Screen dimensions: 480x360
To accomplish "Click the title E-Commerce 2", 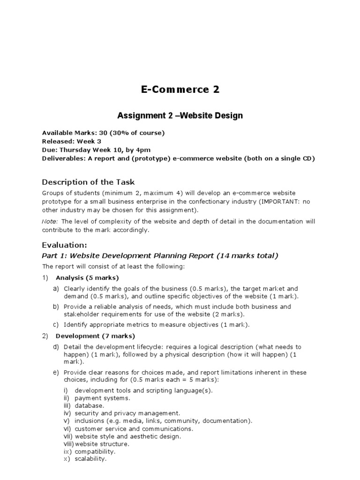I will tap(180, 90).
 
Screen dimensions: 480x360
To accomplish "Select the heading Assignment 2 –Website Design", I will tap(180, 115).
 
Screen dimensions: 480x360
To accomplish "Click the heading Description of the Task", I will tap(89, 182).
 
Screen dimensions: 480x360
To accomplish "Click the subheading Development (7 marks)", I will tap(95, 336).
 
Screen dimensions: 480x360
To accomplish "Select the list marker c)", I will tap(56, 324).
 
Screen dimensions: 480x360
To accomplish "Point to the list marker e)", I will tap(56, 373).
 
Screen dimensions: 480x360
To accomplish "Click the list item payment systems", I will tap(102, 398).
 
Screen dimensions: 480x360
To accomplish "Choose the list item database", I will tap(89, 405).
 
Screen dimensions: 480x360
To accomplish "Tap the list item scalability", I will tap(90, 459).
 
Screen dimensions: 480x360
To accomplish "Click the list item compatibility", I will tap(95, 451).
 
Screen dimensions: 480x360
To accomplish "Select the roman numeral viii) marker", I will tap(68, 444).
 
